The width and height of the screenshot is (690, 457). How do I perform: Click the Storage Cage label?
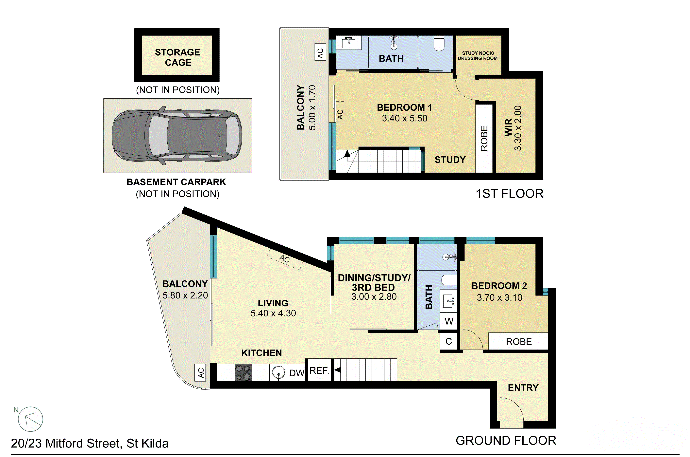(177, 57)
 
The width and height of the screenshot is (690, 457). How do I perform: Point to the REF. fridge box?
(319, 371)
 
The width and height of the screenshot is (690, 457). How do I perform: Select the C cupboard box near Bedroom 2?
(448, 341)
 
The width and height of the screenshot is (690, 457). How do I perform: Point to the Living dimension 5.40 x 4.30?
(273, 313)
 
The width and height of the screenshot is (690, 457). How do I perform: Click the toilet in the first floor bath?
(439, 44)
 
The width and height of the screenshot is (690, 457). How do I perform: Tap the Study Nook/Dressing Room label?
(478, 56)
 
